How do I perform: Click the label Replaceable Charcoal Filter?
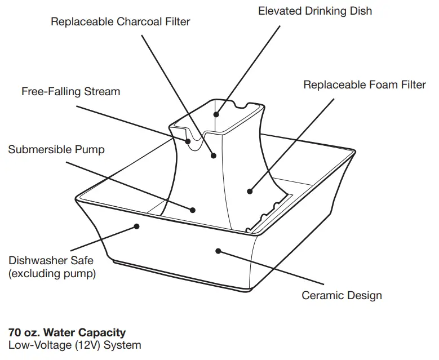tap(120, 22)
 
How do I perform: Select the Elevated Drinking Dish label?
tap(315, 11)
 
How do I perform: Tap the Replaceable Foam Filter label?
tap(365, 85)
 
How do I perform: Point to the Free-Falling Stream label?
tap(70, 91)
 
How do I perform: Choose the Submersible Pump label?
tap(56, 149)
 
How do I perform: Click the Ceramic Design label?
tap(342, 295)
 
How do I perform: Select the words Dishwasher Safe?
tap(51, 261)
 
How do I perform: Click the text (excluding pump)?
tap(52, 274)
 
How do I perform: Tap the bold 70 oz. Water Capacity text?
tap(67, 332)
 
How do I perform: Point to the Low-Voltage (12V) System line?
tap(74, 345)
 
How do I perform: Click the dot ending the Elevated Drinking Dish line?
tap(216, 114)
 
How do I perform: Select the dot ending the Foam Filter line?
tap(250, 192)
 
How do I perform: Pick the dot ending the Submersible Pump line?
tap(193, 210)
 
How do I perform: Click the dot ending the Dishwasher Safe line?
tap(136, 226)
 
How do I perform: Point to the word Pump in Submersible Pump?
tap(91, 149)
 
